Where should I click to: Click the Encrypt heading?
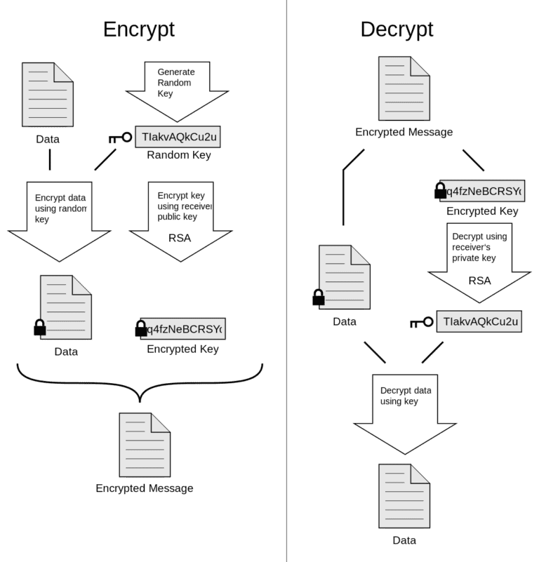(x=139, y=29)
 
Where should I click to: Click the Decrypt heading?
(x=397, y=29)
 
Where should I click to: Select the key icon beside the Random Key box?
(x=120, y=138)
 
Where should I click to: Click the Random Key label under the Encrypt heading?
(x=178, y=155)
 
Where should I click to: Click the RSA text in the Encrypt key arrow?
(x=180, y=237)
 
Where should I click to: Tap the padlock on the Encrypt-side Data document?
(x=40, y=328)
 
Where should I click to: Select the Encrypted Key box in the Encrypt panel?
(x=182, y=328)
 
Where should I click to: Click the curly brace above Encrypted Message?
(x=140, y=382)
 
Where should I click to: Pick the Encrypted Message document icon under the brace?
(x=145, y=445)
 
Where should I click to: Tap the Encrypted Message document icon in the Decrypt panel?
(x=404, y=88)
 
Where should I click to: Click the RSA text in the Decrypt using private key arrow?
(x=479, y=281)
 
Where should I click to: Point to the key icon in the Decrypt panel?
(x=422, y=323)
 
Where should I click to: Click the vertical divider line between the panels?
(x=286, y=281)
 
